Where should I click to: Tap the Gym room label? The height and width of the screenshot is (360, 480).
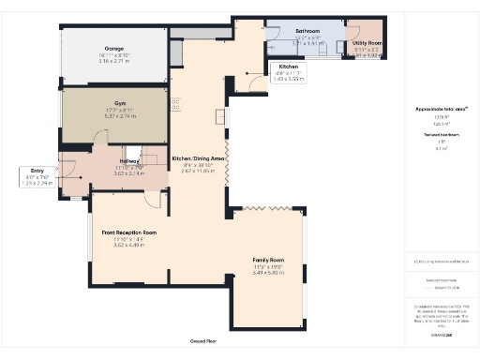pos(120,103)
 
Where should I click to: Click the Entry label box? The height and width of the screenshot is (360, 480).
pos(37,176)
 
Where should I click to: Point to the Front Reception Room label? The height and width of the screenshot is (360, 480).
pos(123,232)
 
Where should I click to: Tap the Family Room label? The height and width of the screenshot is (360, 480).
pos(267,259)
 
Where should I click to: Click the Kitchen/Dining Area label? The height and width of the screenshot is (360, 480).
pos(198,159)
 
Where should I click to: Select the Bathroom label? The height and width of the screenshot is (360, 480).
pos(281,31)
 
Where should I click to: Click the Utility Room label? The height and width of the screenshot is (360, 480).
pos(366,43)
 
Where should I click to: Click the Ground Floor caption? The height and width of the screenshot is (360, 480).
pos(203,342)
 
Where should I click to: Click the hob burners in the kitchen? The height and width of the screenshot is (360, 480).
pos(176,103)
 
